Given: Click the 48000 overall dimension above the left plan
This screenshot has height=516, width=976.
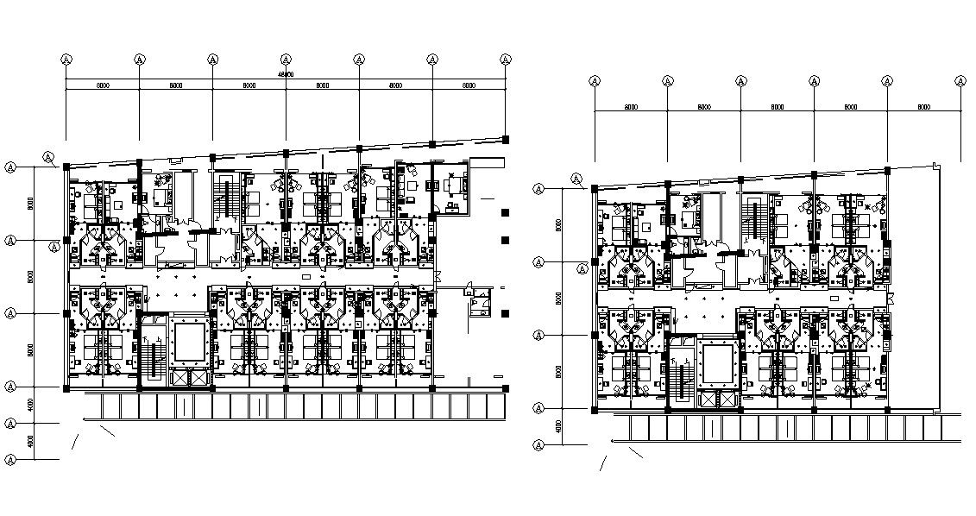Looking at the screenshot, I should [286, 75].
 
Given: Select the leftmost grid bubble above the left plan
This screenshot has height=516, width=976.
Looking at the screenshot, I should [66, 60].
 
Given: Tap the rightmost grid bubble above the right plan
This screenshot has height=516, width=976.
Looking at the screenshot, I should [960, 81].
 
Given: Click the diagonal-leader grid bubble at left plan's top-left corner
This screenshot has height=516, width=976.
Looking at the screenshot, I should [49, 158].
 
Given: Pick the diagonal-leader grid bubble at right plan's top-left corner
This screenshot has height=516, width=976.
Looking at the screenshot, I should [576, 179].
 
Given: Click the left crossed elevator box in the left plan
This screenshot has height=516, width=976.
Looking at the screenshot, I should [181, 377].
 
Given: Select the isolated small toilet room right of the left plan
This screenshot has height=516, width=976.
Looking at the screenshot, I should [477, 301].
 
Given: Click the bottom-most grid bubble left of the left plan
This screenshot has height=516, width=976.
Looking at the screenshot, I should [10, 457].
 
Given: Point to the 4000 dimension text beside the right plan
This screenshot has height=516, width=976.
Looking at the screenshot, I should [558, 426].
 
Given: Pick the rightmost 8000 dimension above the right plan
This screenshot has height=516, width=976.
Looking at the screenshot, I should [923, 107].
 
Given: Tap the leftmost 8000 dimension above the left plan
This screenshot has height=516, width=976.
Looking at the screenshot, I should [102, 86].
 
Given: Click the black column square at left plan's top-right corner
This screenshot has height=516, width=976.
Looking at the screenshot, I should [506, 139].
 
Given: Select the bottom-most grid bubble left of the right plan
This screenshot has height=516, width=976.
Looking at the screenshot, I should [538, 444].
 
